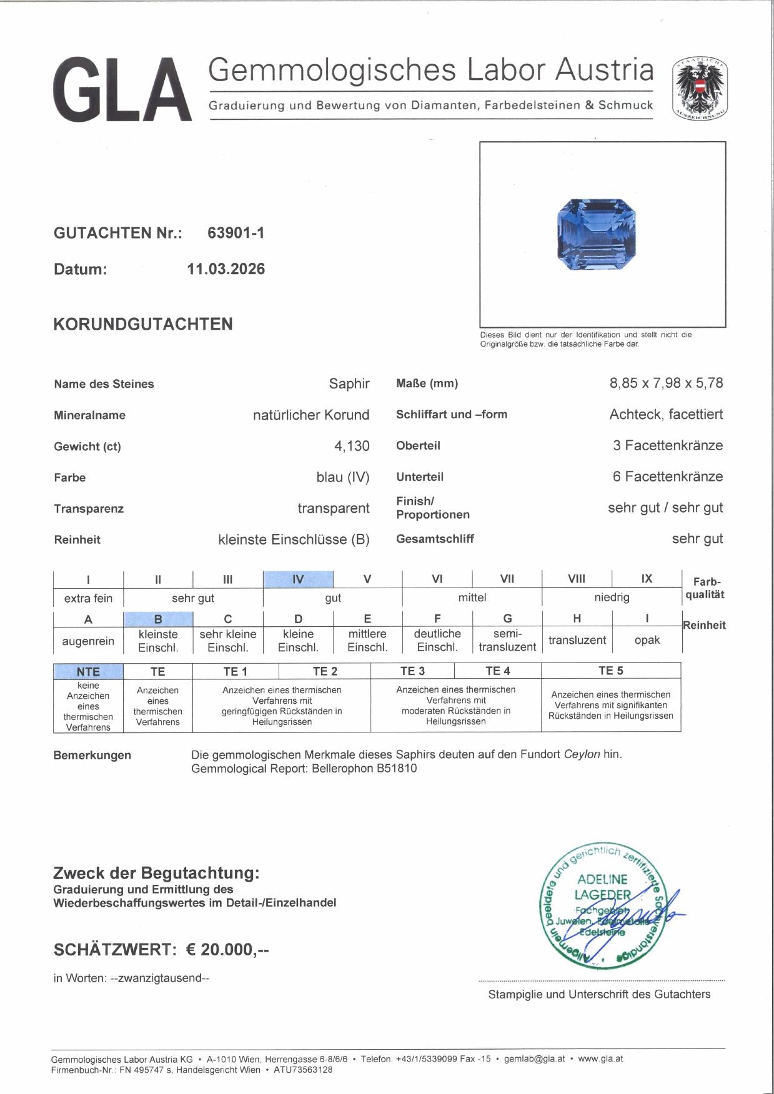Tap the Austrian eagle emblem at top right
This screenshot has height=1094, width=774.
700,89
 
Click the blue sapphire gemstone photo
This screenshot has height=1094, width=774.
591,235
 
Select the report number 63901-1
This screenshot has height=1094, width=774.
236,233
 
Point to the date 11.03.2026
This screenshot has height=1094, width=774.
226,269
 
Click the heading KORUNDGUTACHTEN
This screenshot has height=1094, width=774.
143,324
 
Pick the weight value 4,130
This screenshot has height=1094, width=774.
351,446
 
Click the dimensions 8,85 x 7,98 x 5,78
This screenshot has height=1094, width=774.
666,383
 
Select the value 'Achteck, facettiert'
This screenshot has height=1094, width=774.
666,414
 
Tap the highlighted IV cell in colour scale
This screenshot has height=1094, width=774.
298,579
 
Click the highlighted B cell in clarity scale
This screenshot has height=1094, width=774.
158,619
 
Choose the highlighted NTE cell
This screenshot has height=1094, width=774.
88,671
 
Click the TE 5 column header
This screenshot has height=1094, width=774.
610,671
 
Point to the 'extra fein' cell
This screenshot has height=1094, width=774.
88,598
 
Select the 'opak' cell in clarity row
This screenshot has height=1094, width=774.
647,640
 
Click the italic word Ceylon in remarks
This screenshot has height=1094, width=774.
582,754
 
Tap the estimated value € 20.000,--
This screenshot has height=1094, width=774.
227,950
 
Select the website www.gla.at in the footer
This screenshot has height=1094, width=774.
600,1058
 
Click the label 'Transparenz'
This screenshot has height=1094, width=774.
89,508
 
